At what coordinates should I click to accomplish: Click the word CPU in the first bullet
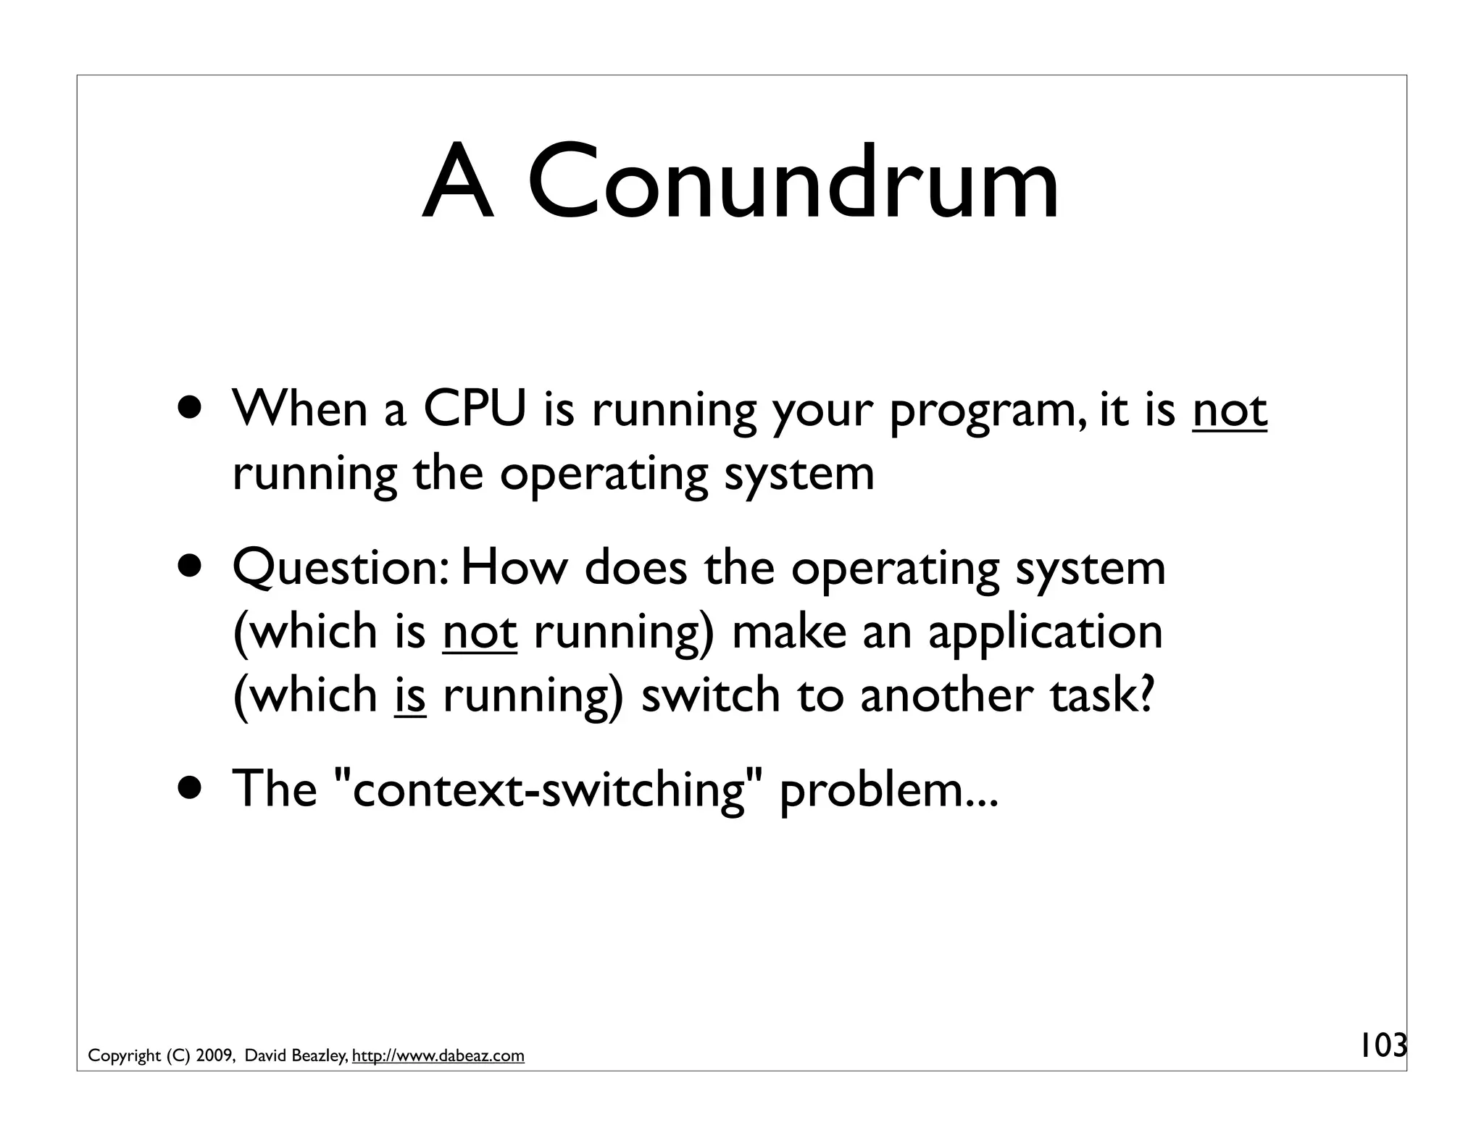point(474,410)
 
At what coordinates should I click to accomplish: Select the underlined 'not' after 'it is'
point(1230,410)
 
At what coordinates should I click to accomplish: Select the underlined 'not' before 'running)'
point(480,632)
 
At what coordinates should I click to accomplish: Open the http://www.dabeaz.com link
point(438,1056)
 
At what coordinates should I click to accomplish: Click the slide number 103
point(1380,1046)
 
